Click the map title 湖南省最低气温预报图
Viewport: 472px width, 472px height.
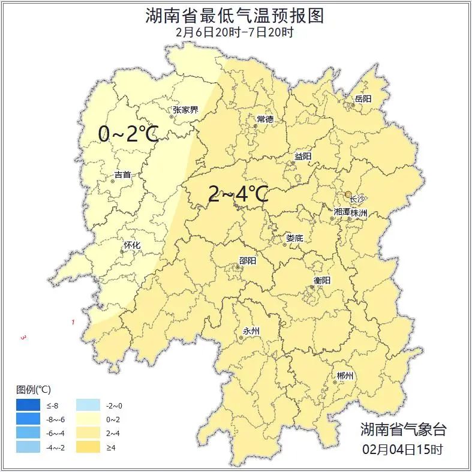click(235, 15)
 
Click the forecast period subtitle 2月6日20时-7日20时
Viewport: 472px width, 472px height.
click(235, 32)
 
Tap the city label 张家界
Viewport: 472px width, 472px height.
click(185, 110)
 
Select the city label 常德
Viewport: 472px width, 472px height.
click(264, 119)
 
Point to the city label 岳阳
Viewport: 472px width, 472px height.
click(363, 98)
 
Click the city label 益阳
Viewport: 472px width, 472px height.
click(303, 156)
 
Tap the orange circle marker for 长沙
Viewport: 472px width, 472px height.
click(348, 194)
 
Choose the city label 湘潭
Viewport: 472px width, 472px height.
click(342, 212)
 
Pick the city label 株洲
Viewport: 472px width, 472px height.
click(359, 212)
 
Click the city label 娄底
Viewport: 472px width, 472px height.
click(294, 238)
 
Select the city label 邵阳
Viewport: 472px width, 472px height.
click(248, 260)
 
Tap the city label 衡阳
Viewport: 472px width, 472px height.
click(321, 280)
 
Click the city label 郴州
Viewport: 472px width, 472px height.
click(345, 375)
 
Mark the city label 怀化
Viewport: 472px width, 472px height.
click(132, 245)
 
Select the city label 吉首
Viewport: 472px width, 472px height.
click(122, 175)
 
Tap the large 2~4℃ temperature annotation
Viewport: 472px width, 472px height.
click(237, 193)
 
